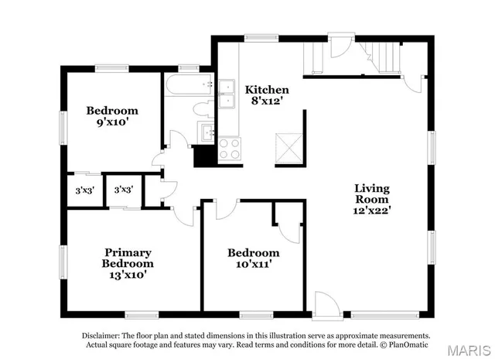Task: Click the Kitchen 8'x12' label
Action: tap(267, 95)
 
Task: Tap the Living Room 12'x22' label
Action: tap(372, 200)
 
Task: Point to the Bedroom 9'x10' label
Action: tap(112, 116)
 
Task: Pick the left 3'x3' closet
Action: tap(84, 190)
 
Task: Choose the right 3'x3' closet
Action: tap(123, 190)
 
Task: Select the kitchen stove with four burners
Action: tap(229, 148)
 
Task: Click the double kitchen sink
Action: tap(227, 94)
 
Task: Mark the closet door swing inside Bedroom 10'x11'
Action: tap(290, 230)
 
